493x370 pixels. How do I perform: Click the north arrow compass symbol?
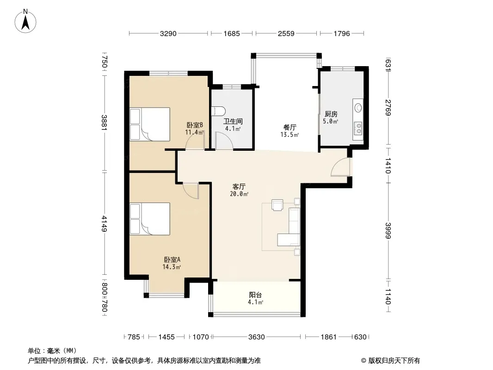point(25,21)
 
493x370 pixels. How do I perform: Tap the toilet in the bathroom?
point(219,111)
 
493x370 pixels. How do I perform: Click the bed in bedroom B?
point(150,124)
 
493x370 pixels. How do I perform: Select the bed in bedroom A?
point(150,219)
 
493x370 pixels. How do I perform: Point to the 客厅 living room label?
point(239,187)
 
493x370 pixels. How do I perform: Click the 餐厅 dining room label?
point(290,127)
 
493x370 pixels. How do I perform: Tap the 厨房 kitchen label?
point(331,114)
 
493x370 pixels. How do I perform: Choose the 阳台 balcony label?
point(255,295)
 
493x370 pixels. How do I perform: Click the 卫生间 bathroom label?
point(233,121)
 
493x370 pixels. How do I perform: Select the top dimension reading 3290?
point(168,34)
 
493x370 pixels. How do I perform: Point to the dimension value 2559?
point(286,34)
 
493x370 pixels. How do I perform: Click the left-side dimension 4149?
point(105,224)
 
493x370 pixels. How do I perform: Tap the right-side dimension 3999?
point(388,230)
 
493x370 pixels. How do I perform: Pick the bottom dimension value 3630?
point(257,337)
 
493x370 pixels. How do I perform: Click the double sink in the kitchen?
point(358,128)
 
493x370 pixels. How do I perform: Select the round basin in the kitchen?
point(358,108)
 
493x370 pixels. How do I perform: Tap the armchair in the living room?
point(277,205)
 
